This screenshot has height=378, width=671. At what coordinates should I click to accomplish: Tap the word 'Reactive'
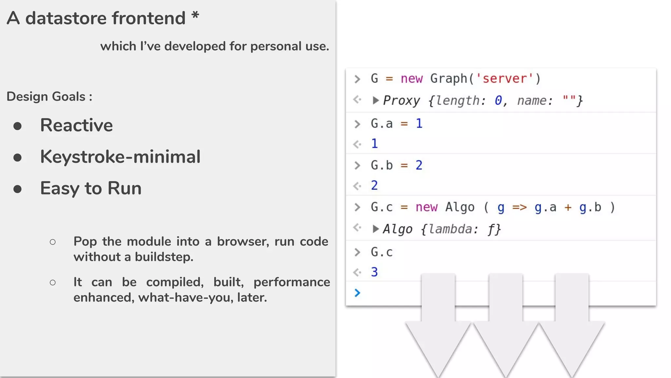(76, 125)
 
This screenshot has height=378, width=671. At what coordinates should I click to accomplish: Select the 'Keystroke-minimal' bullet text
(120, 157)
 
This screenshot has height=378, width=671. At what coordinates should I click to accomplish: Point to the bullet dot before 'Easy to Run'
(18, 189)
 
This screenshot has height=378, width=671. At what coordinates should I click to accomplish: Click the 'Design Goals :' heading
(49, 96)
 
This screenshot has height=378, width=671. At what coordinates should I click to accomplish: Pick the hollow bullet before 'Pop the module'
(52, 242)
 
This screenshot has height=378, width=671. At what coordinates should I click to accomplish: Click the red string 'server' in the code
(505, 78)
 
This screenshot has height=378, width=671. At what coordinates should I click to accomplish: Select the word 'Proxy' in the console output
(401, 100)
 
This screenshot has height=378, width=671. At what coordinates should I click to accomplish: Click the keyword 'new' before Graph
(412, 78)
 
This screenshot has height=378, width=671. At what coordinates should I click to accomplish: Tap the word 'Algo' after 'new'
(460, 207)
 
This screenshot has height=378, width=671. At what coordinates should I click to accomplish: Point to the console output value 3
(374, 272)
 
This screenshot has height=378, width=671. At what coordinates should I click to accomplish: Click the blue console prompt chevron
(357, 292)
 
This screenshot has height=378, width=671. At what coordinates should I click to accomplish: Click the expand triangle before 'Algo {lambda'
(375, 229)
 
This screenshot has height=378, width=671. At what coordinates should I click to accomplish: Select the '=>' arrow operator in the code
(519, 207)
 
